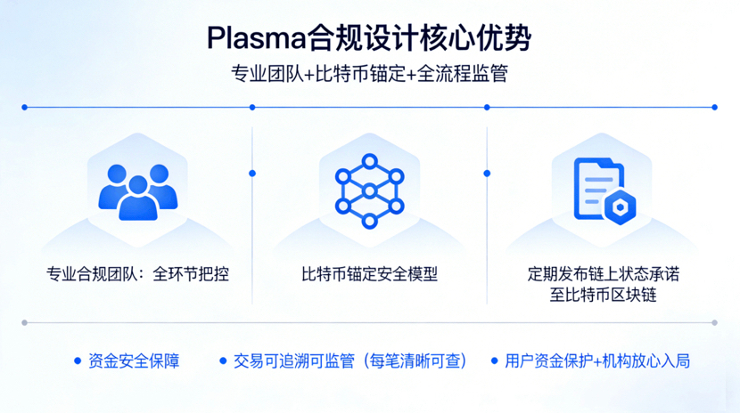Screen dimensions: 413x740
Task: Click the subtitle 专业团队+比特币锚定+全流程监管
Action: pyautogui.click(x=369, y=74)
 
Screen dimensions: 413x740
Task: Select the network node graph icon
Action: pyautogui.click(x=369, y=190)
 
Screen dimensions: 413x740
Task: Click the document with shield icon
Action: pyautogui.click(x=604, y=190)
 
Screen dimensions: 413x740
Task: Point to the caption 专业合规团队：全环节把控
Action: pyautogui.click(x=137, y=274)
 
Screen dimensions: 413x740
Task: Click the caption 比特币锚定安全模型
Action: pyautogui.click(x=369, y=274)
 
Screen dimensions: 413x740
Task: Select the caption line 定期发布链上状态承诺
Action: pyautogui.click(x=604, y=273)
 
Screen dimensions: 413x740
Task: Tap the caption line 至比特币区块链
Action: pyautogui.click(x=604, y=295)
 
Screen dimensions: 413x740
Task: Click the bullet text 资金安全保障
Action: pyautogui.click(x=134, y=361)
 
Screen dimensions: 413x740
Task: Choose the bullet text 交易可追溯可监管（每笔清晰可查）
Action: pyautogui.click(x=350, y=361)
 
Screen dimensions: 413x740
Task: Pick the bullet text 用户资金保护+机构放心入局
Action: pyautogui.click(x=597, y=361)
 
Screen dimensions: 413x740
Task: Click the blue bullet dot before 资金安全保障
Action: pyautogui.click(x=78, y=361)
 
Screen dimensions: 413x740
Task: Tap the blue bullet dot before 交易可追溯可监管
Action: pyautogui.click(x=224, y=361)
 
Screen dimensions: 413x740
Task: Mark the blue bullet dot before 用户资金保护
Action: pyautogui.click(x=495, y=361)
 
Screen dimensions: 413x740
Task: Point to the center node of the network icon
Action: pyautogui.click(x=369, y=190)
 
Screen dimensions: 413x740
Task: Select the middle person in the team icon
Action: pyautogui.click(x=137, y=198)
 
